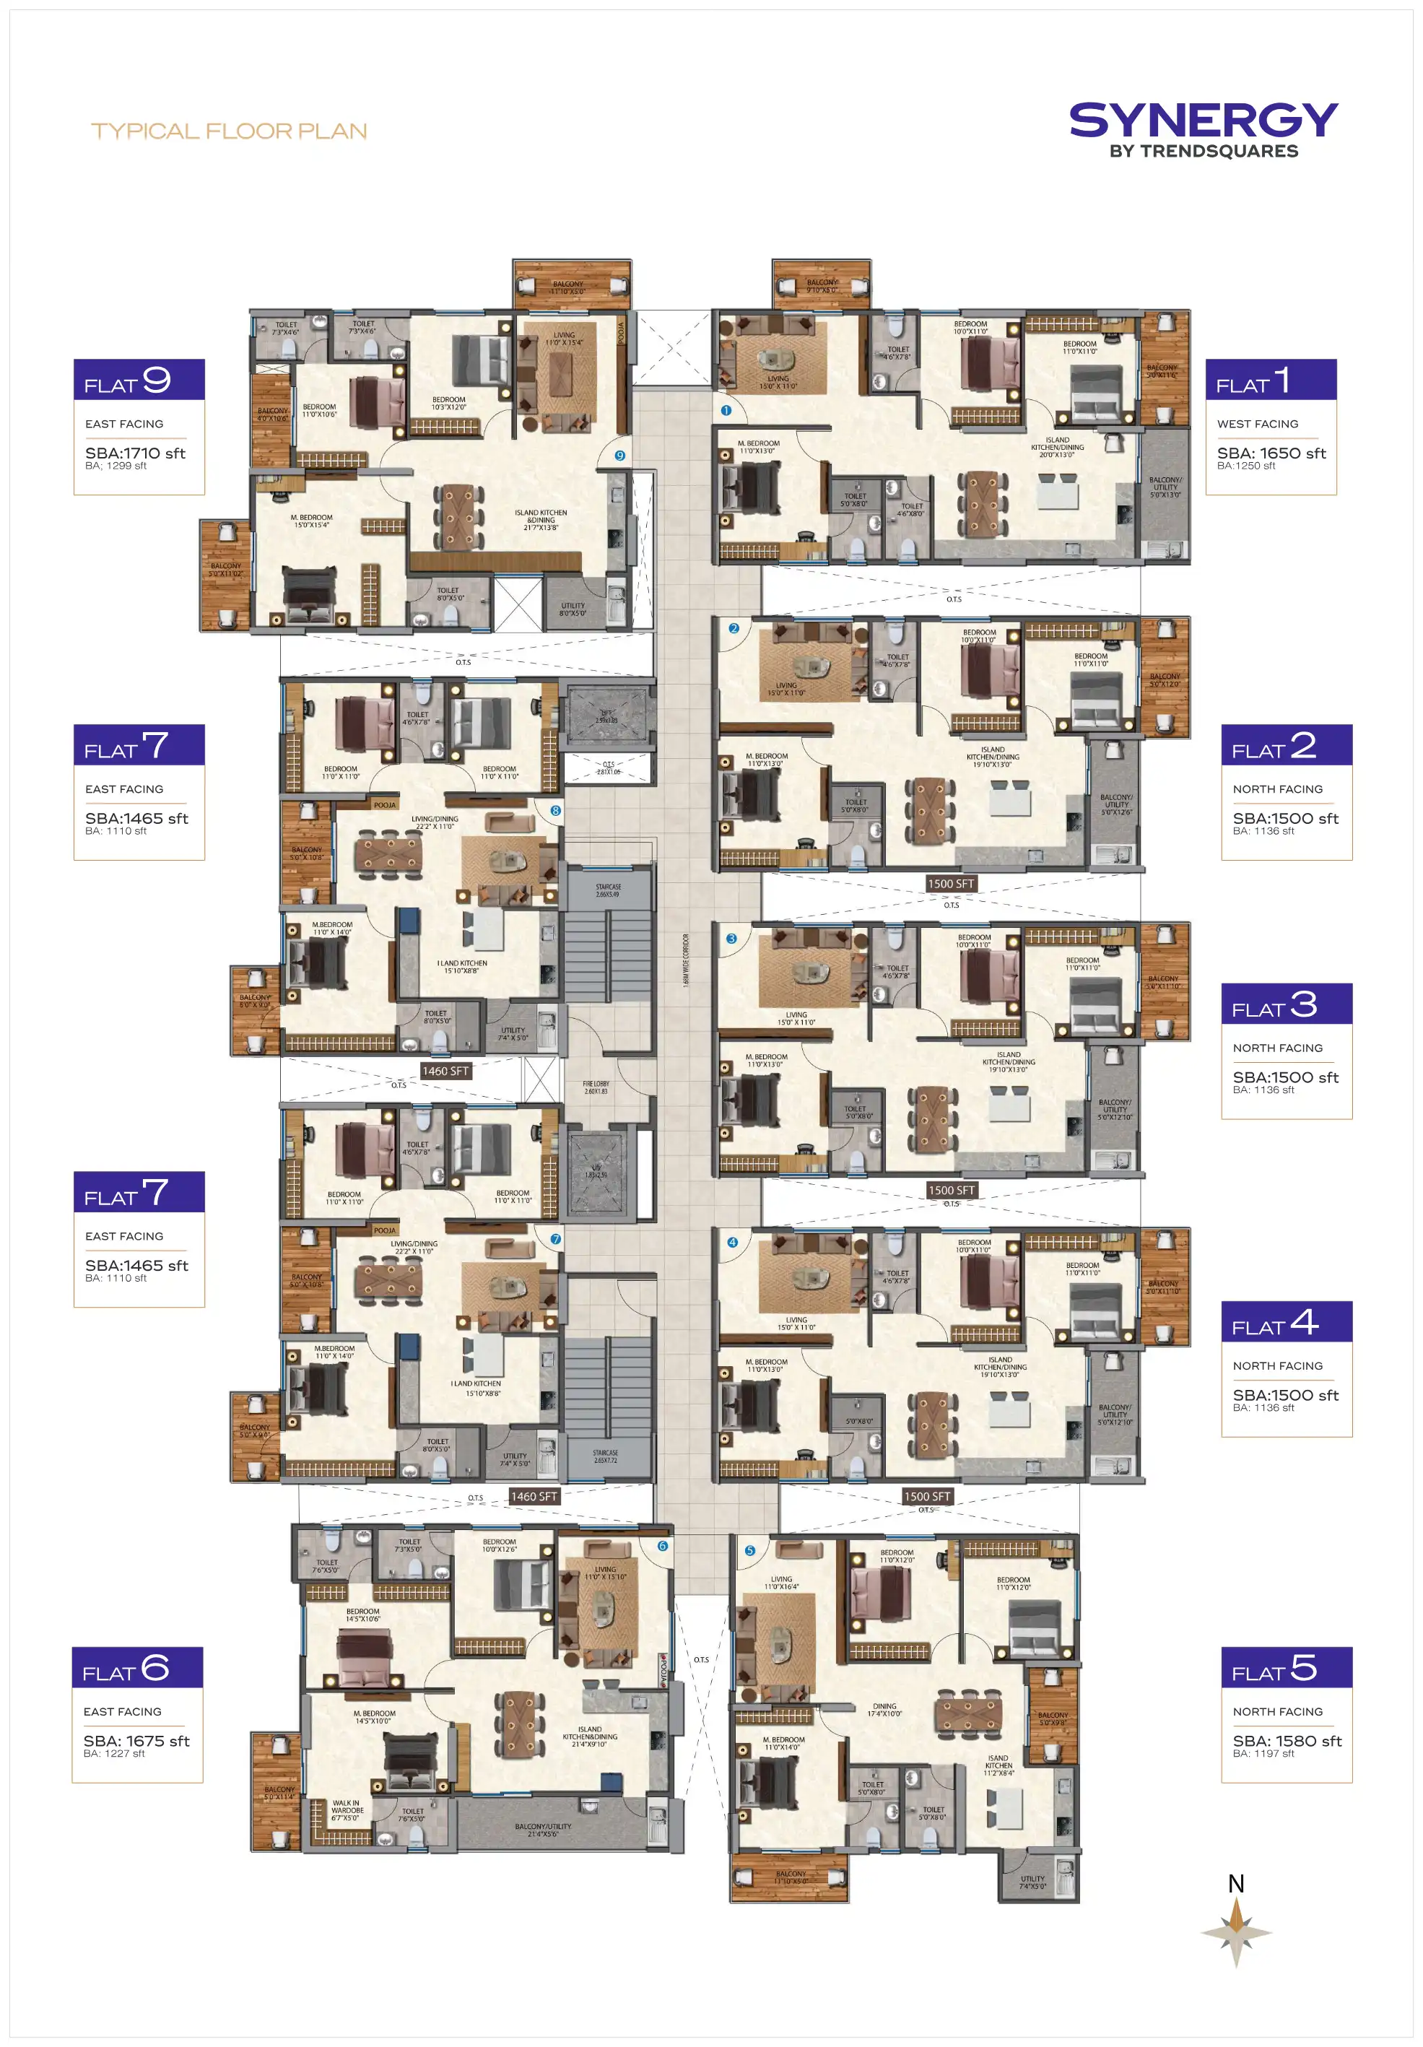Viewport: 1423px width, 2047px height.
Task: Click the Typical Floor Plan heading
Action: [229, 131]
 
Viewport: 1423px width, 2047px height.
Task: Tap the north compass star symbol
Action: [1236, 1934]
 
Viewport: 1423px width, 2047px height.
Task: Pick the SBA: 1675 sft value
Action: [136, 1740]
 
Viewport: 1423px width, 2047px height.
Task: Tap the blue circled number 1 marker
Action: [726, 411]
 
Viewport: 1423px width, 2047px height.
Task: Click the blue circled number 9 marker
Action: [619, 456]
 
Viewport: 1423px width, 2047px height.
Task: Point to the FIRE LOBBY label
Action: [596, 1087]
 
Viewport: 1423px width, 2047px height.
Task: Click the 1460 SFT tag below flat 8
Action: [445, 1071]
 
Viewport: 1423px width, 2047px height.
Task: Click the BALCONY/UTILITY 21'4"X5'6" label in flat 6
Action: [542, 1830]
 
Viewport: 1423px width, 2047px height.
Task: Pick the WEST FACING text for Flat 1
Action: [1257, 425]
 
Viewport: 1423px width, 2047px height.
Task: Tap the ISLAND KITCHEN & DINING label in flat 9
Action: [540, 520]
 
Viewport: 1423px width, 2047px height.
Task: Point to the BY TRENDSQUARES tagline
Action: [1203, 152]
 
